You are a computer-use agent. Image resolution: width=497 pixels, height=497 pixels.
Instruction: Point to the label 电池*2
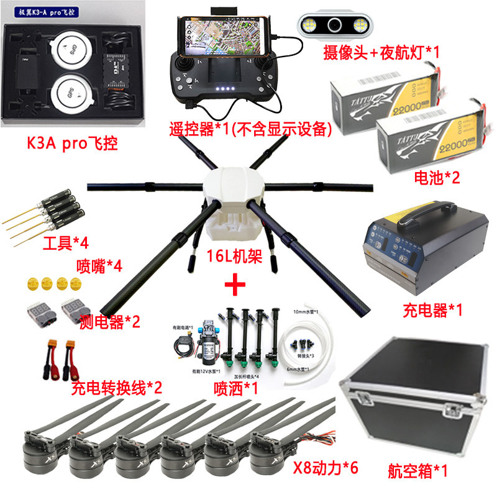[x=437, y=178]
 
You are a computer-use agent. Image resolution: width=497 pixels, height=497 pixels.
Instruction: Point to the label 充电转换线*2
[x=117, y=389]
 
